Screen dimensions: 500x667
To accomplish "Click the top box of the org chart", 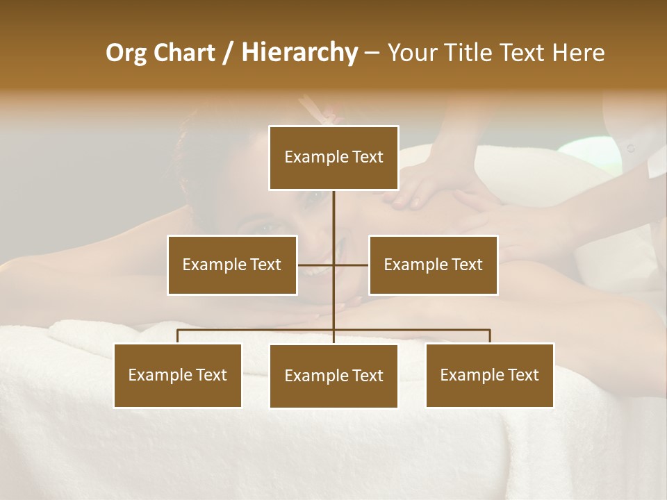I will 333,158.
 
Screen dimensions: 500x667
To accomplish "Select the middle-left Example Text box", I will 232,265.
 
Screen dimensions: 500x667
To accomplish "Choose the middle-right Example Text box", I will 433,265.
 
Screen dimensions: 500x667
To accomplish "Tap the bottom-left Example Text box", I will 178,375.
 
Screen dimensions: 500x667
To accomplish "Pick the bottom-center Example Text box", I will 333,376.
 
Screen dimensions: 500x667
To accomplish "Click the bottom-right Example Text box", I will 489,375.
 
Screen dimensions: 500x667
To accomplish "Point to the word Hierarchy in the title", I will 299,53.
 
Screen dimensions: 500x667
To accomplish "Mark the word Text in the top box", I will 368,157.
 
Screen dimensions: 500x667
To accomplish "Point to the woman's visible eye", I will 314,197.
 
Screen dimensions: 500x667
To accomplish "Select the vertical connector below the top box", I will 333,215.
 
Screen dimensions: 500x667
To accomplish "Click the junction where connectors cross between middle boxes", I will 333,265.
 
